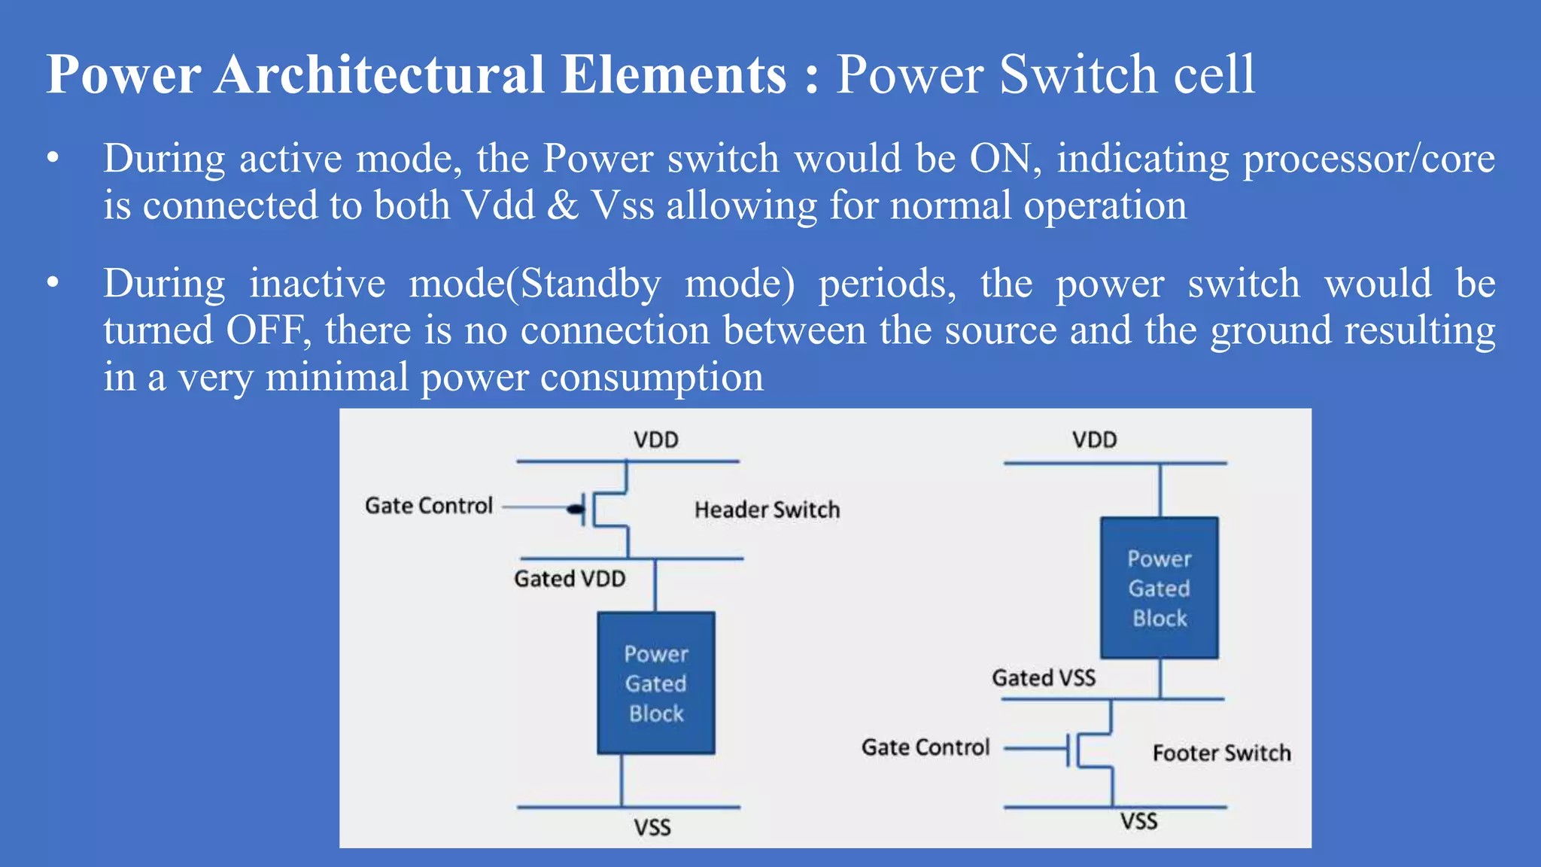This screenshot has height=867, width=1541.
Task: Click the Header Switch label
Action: [x=767, y=510]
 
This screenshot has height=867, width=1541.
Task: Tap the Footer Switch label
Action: [x=1221, y=753]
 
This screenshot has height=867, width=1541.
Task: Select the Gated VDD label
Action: [x=570, y=579]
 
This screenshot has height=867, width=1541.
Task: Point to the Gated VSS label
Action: [x=1044, y=677]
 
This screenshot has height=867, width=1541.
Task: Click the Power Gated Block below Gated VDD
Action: [x=656, y=683]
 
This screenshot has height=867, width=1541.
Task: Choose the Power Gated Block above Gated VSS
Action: [x=1159, y=588]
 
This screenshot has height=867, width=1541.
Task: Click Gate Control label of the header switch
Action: [x=429, y=506]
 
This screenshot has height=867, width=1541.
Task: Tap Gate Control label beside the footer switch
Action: [x=926, y=747]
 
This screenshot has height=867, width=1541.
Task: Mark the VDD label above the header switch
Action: [x=655, y=440]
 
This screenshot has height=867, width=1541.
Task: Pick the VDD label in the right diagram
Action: [x=1094, y=440]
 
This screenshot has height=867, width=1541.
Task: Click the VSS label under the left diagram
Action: [x=652, y=828]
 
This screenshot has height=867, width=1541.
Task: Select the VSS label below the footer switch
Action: [x=1138, y=821]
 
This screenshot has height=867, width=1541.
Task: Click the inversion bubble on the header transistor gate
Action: [x=576, y=510]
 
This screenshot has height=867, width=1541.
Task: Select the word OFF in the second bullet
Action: [x=264, y=330]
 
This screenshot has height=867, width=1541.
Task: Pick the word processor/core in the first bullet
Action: [x=1369, y=159]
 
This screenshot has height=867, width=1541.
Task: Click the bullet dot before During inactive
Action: [x=52, y=284]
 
